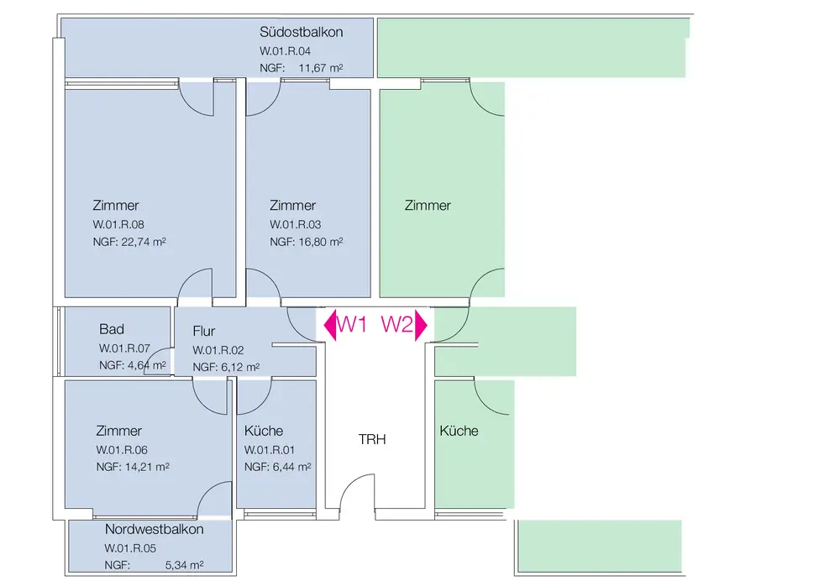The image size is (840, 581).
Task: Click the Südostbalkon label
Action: click(302, 33)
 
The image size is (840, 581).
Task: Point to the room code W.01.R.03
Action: click(296, 225)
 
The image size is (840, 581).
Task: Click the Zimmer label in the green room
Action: click(428, 206)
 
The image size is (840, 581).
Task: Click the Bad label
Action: click(112, 329)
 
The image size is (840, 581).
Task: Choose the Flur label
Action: click(204, 331)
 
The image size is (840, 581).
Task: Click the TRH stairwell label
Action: click(372, 439)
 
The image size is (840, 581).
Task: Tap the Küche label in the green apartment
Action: click(459, 431)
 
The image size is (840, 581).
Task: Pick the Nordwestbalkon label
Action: click(155, 530)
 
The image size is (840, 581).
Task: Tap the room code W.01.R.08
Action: click(118, 225)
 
